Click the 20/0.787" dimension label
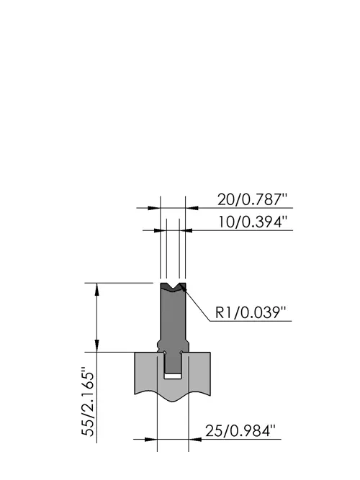pyautogui.click(x=253, y=199)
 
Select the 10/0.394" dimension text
pyautogui.click(x=253, y=222)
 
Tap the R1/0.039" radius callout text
pyautogui.click(x=251, y=312)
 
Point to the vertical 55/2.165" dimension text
pyautogui.click(x=89, y=404)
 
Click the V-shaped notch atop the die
pyautogui.click(x=174, y=287)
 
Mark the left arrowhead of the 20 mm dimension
pyautogui.click(x=154, y=208)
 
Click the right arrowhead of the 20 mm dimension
pyautogui.click(x=192, y=208)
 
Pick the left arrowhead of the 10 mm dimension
pyautogui.click(x=160, y=230)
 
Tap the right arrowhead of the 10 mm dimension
pyautogui.click(x=186, y=230)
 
